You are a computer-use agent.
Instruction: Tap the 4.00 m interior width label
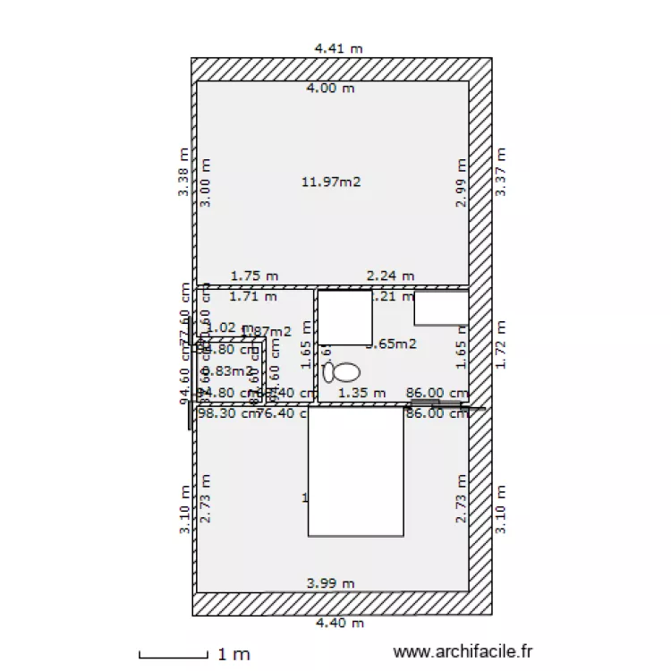[330, 88]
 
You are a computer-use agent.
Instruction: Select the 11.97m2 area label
[330, 182]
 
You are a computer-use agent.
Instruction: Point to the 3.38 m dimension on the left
[183, 173]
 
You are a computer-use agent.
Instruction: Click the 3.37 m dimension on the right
[501, 173]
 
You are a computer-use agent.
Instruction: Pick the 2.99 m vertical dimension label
[461, 183]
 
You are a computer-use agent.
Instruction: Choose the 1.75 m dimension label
[254, 276]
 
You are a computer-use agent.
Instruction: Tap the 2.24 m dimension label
[391, 276]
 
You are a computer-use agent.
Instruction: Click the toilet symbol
[342, 370]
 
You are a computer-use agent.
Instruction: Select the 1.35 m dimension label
[361, 392]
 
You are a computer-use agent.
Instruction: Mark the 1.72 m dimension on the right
[501, 344]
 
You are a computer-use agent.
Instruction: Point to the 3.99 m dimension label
[330, 583]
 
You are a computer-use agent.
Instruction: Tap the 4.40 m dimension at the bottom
[337, 623]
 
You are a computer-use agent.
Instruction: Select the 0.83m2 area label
[218, 370]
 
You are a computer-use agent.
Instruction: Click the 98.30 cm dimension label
[224, 413]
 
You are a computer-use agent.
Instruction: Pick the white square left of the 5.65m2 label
[345, 317]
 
